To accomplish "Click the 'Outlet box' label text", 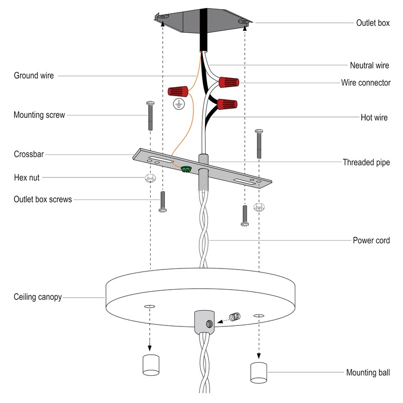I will coord(373,23).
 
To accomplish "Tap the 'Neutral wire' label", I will coord(370,65).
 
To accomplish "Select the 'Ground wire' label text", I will coord(33,76).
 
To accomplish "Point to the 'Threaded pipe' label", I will coord(366,162).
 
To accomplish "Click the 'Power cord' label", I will coord(371,240).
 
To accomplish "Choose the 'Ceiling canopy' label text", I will coord(38,297).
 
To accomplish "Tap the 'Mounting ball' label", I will coord(368,373).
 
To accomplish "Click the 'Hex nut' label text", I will coord(27,177).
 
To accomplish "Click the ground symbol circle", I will coord(177,104).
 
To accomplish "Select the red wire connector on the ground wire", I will coord(179,91).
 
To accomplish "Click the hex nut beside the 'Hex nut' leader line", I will coord(150,178).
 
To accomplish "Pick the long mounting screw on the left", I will coord(150,115).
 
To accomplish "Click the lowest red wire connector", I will coord(227,106).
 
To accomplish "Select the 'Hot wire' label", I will coord(374,118).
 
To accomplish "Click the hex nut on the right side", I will coord(259,207).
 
